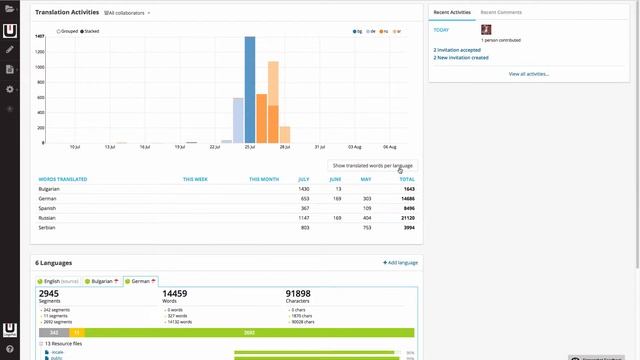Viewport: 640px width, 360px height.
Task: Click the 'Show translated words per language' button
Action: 372,164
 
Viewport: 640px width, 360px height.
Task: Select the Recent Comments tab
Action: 501,12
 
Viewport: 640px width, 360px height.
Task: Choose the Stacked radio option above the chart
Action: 89,31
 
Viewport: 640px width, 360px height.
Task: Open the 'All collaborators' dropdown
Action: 128,13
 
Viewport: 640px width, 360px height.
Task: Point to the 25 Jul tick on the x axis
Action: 250,146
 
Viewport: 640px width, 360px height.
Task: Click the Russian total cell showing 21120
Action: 407,217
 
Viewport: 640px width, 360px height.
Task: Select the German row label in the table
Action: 48,198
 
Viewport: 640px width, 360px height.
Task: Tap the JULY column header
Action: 302,179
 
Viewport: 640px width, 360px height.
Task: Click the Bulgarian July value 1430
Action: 303,188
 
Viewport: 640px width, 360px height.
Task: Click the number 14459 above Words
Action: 181,295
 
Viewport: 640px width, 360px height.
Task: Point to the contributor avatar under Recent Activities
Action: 486,30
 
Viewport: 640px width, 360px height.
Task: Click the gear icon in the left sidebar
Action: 10,89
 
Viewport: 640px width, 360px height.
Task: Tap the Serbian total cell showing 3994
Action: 408,227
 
